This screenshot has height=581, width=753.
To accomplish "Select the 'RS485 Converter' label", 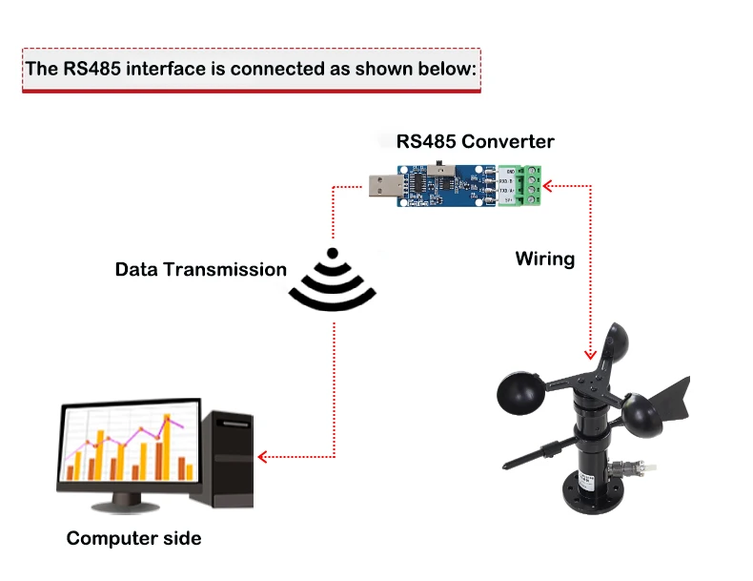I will [475, 141].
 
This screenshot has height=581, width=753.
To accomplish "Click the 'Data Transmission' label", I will [200, 269].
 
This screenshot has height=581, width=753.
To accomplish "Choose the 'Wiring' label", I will [544, 259].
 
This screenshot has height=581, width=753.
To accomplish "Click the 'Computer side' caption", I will [133, 538].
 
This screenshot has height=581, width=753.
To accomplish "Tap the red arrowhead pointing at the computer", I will [264, 456].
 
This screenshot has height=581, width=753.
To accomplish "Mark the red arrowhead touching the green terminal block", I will [556, 185].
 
